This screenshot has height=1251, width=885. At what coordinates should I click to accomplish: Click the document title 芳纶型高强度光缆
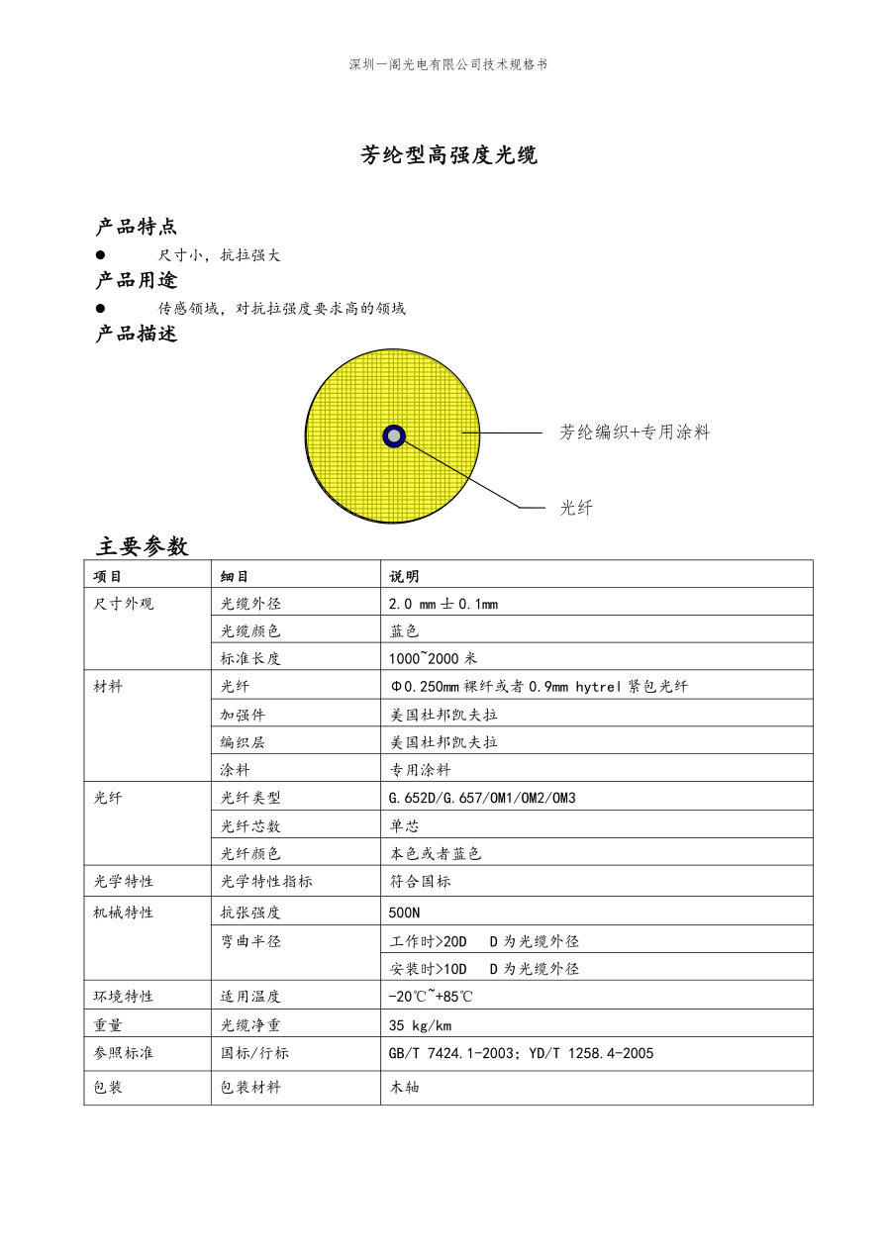tap(448, 155)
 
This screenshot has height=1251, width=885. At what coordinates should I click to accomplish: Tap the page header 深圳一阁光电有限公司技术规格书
tap(447, 64)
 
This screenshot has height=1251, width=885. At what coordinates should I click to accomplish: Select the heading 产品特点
tap(137, 228)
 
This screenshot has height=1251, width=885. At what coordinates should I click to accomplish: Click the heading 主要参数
tap(142, 546)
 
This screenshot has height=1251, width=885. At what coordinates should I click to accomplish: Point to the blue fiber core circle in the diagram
tap(394, 435)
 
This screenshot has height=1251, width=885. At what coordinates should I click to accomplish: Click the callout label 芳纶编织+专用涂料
tap(635, 433)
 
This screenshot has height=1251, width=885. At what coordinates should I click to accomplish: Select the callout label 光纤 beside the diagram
tap(576, 508)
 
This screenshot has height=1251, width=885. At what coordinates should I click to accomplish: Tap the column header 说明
tap(404, 576)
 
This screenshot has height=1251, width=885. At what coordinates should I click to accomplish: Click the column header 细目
tap(234, 576)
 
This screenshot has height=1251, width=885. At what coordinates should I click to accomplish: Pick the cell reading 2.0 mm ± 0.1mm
tap(443, 604)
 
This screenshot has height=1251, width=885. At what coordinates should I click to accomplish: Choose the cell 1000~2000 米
tap(433, 658)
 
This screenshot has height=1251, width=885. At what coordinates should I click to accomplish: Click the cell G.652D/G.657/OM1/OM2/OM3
tap(482, 798)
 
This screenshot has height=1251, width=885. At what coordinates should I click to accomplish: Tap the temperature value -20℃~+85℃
tap(431, 997)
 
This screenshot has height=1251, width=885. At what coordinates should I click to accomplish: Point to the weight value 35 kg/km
tap(421, 1025)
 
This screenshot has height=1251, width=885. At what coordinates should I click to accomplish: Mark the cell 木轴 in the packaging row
tap(405, 1087)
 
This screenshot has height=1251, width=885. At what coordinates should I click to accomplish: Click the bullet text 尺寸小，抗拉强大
tap(220, 255)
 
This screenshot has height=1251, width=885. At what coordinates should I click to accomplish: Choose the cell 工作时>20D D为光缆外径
tap(484, 941)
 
